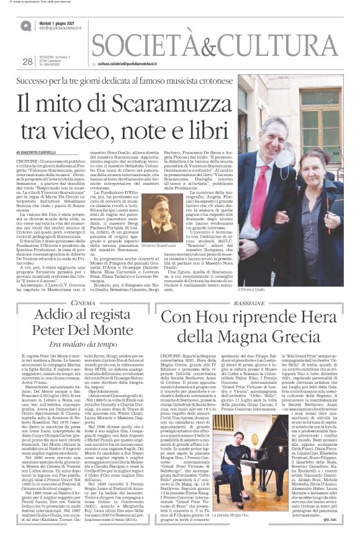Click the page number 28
click(27, 61)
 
